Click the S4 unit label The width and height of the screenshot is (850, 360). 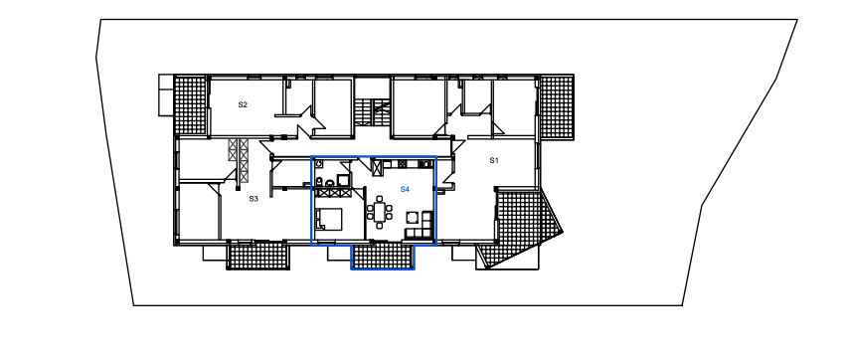pyautogui.click(x=405, y=189)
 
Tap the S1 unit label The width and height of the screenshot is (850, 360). pyautogui.click(x=494, y=160)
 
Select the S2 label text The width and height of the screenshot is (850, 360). pyautogui.click(x=243, y=104)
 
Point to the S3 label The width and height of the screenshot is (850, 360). pyautogui.click(x=254, y=199)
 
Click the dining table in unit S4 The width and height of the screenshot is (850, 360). pyautogui.click(x=380, y=210)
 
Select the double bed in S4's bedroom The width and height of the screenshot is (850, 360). pyautogui.click(x=328, y=219)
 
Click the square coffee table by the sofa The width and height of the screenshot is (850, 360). pyautogui.click(x=413, y=218)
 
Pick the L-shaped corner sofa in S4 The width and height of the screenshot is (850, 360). pyautogui.click(x=421, y=228)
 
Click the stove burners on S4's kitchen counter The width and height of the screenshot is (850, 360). pyautogui.click(x=403, y=164)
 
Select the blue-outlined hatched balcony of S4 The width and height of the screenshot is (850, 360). pyautogui.click(x=383, y=256)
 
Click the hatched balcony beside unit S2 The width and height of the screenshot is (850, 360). pyautogui.click(x=190, y=105)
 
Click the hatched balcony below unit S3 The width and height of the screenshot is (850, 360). pyautogui.click(x=257, y=255)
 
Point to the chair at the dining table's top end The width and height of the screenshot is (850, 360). pyautogui.click(x=380, y=199)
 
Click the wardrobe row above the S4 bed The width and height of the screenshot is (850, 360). pyautogui.click(x=333, y=191)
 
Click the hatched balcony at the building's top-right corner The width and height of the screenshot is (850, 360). pyautogui.click(x=557, y=106)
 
